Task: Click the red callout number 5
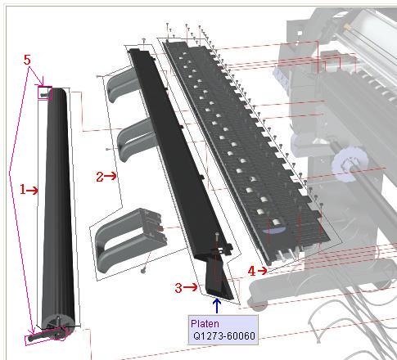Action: pyautogui.click(x=27, y=60)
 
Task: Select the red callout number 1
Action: pyautogui.click(x=23, y=189)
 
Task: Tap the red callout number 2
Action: pyautogui.click(x=100, y=177)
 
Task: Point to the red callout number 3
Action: pyautogui.click(x=178, y=288)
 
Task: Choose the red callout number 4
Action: pyautogui.click(x=251, y=271)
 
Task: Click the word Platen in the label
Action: pyautogui.click(x=205, y=324)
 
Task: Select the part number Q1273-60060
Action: pyautogui.click(x=224, y=335)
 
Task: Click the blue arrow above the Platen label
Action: pyautogui.click(x=217, y=306)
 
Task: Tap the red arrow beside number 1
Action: pyautogui.click(x=32, y=191)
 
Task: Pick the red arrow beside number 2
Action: pyautogui.click(x=111, y=176)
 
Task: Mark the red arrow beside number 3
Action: pyautogui.click(x=191, y=287)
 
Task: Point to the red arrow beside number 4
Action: pyautogui.click(x=262, y=271)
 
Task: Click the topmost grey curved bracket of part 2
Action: pyautogui.click(x=120, y=85)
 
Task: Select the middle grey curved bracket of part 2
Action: pyautogui.click(x=133, y=139)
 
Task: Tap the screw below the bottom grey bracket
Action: pyautogui.click(x=143, y=270)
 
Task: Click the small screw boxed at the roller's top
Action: pyautogui.click(x=43, y=95)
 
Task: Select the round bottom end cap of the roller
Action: pyautogui.click(x=58, y=322)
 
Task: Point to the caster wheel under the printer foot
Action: pyautogui.click(x=259, y=305)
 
